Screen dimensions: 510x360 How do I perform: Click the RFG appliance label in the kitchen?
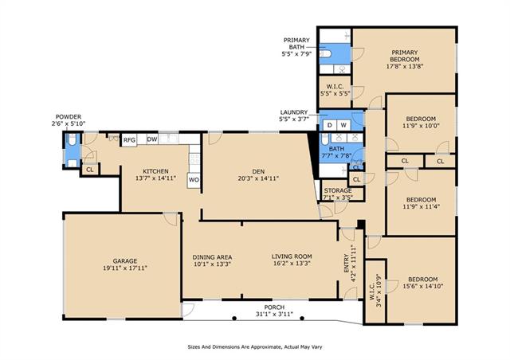click(129, 140)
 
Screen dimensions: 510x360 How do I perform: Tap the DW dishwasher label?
click(152, 139)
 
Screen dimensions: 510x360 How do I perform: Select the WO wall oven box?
click(194, 180)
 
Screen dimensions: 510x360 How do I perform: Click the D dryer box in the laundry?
click(329, 125)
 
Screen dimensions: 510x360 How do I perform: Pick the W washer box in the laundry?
click(343, 125)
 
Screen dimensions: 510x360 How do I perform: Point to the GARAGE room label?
click(125, 260)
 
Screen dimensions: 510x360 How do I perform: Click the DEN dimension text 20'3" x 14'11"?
click(258, 178)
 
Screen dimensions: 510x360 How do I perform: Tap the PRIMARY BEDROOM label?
click(405, 56)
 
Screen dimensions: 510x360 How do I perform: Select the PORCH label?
click(274, 307)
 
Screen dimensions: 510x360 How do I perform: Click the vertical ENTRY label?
click(346, 264)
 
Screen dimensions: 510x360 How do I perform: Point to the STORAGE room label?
click(338, 190)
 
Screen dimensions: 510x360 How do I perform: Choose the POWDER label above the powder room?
click(69, 117)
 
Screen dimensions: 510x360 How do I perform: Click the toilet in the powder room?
click(72, 139)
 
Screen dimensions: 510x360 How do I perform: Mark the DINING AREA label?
click(212, 257)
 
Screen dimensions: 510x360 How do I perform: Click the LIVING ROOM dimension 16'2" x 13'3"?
click(292, 264)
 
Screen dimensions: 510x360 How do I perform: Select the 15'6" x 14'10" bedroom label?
click(423, 286)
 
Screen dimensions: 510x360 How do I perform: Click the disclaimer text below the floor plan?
click(255, 347)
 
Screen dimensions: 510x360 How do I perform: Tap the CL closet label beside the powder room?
click(90, 170)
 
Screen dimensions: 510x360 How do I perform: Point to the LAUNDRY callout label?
click(294, 112)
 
